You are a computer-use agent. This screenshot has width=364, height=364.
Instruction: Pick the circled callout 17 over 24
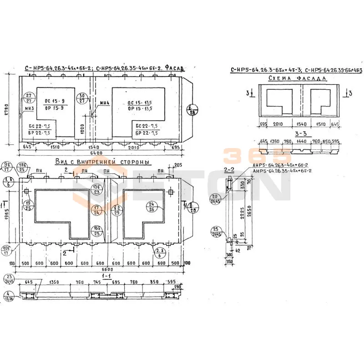[97, 210]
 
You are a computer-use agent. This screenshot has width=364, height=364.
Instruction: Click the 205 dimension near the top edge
[177, 165]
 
